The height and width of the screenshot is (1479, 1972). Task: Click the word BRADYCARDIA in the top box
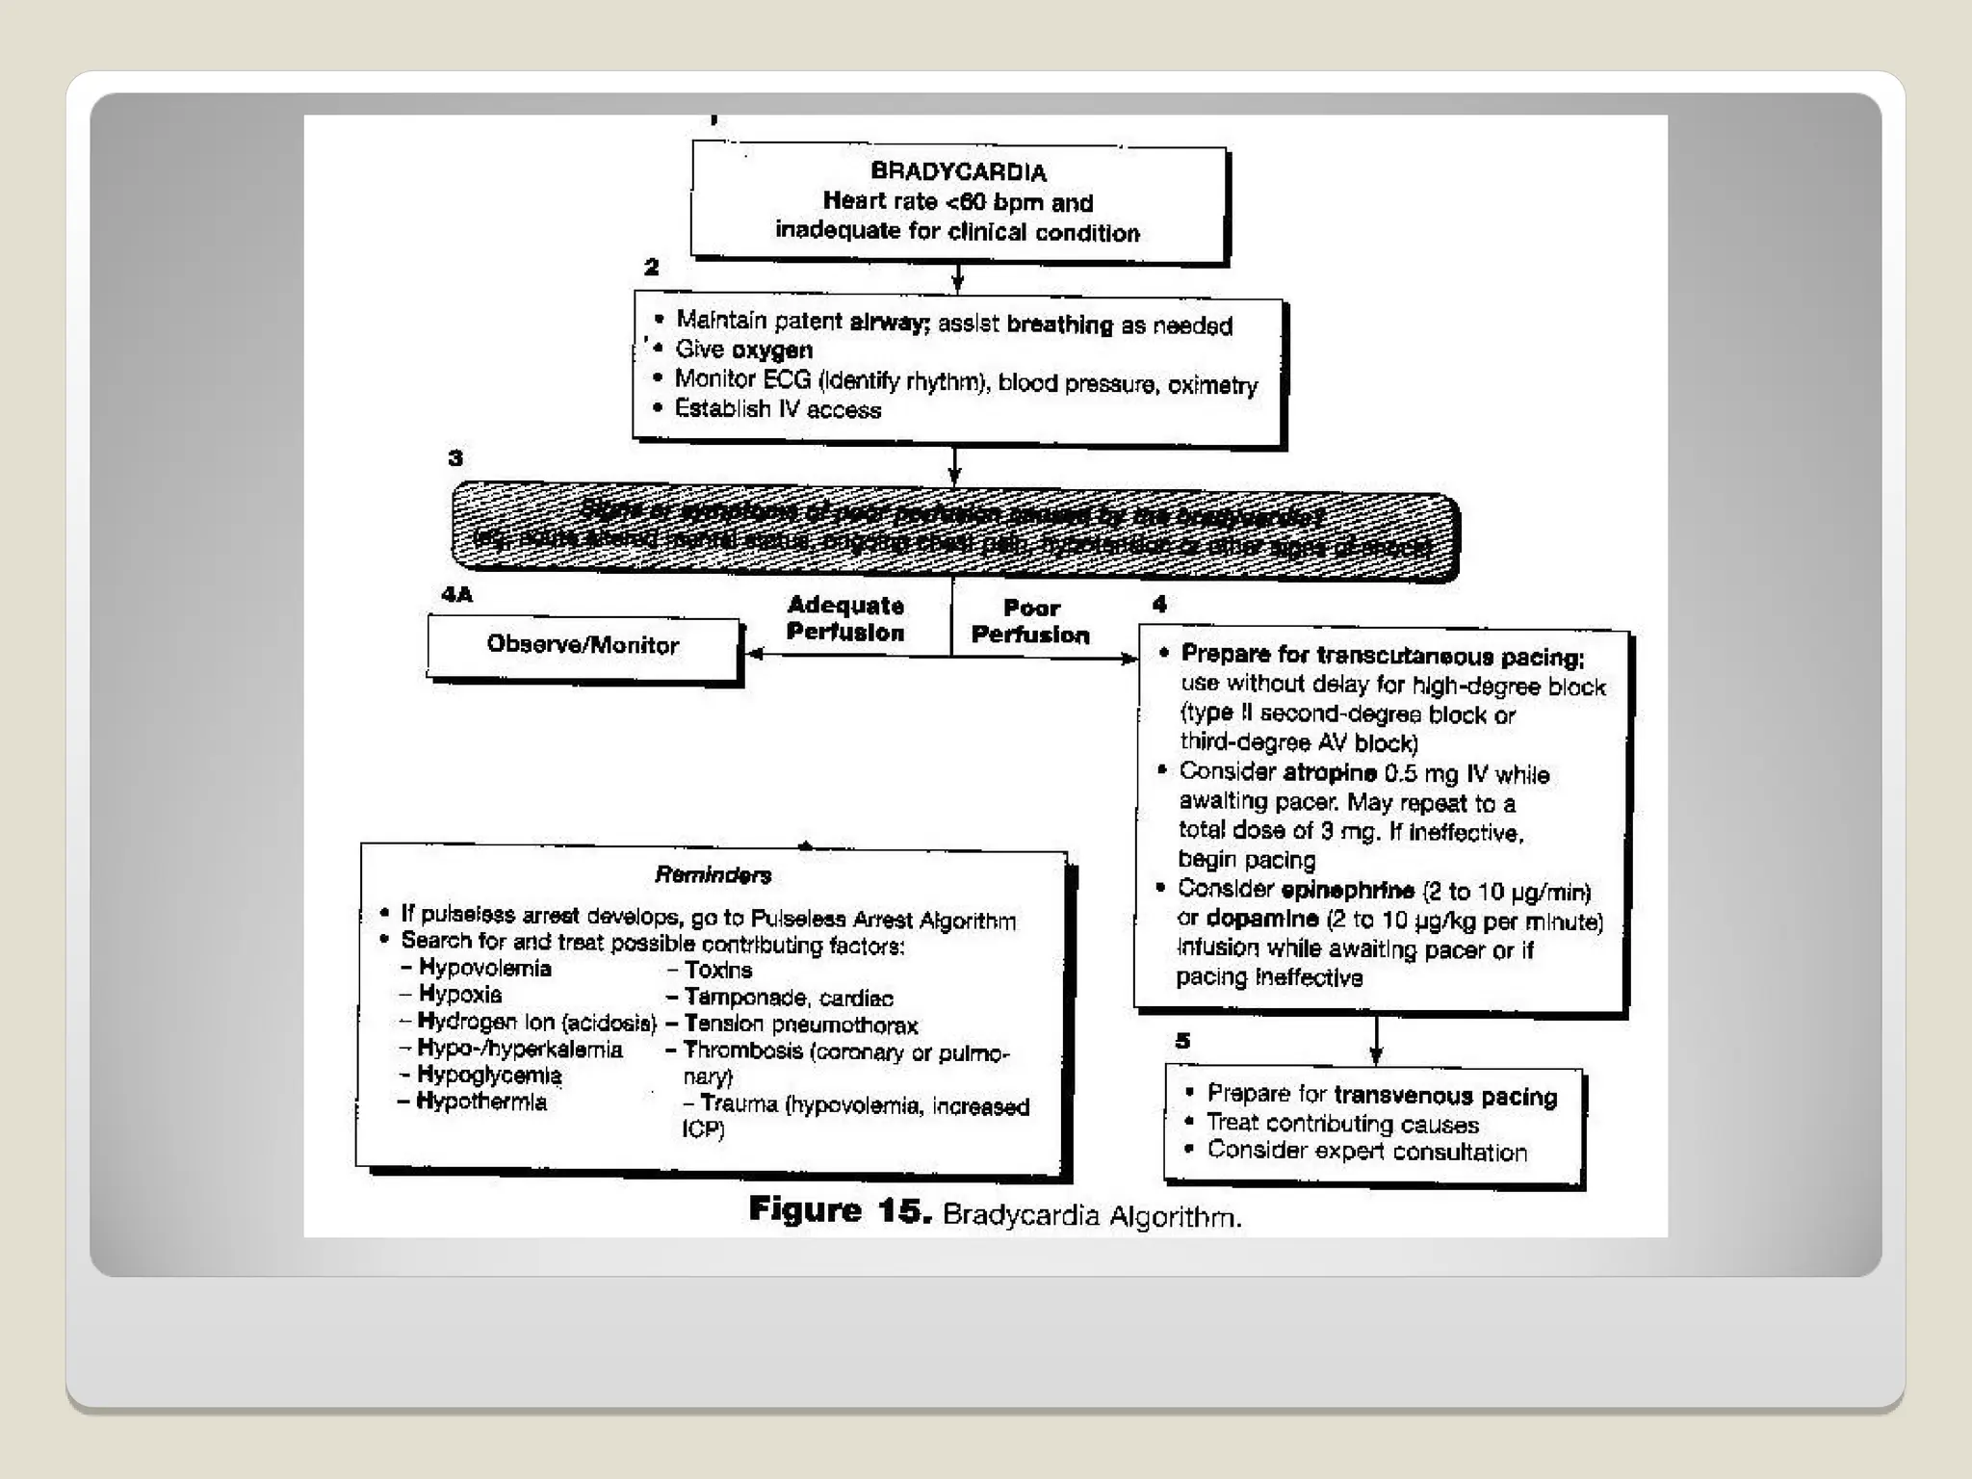click(x=958, y=172)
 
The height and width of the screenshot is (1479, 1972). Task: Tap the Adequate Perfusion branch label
click(x=845, y=619)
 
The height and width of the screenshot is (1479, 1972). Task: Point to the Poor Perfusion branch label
click(x=1030, y=621)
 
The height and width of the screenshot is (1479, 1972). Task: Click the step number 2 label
click(x=652, y=267)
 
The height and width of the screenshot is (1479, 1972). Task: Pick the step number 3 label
click(x=455, y=457)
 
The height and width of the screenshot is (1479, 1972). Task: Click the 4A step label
click(x=457, y=594)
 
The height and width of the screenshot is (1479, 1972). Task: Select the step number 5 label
click(x=1182, y=1041)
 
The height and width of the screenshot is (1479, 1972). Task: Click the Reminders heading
click(x=713, y=875)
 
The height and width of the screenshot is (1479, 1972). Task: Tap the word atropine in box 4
click(x=1330, y=773)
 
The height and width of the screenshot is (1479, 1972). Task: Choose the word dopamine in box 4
click(x=1262, y=920)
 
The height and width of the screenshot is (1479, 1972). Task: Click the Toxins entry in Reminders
click(x=717, y=970)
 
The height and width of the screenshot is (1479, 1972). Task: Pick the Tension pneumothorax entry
click(x=800, y=1025)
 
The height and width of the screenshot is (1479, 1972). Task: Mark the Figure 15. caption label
click(x=840, y=1210)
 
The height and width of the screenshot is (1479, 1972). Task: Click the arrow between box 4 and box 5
click(x=1376, y=1039)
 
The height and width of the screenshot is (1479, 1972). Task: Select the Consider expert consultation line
click(x=1366, y=1152)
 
